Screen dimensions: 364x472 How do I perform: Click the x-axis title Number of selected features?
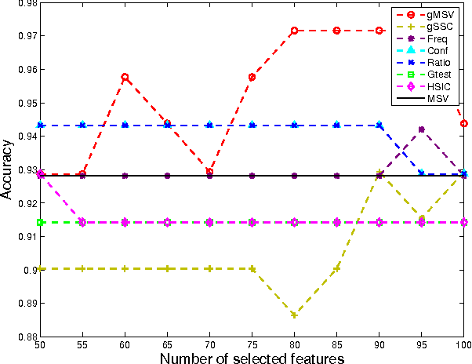coord(252,358)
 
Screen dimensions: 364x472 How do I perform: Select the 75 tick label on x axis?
coord(252,344)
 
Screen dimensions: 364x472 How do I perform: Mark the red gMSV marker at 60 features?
coord(125,77)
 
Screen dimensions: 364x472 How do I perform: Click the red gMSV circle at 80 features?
coord(294,31)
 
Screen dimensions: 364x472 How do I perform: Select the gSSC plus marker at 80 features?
coord(294,315)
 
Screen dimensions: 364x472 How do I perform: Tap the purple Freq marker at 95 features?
coord(422,129)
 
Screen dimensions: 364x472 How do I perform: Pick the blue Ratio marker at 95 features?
coord(422,173)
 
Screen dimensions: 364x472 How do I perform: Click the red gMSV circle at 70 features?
coord(209,171)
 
